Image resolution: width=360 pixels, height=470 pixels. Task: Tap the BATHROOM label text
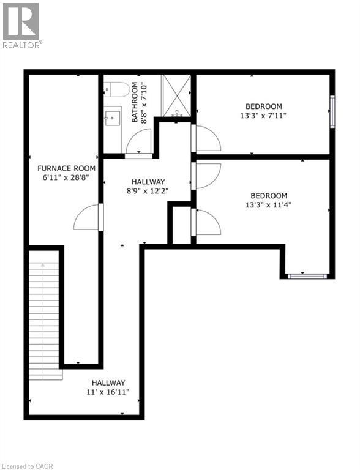coord(135,102)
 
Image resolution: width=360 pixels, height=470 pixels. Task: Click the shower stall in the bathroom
coord(176,95)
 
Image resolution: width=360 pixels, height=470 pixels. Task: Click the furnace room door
coord(88,217)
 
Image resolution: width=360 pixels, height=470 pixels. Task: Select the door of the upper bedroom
coord(207,138)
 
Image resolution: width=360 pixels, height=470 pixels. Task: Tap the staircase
coord(44,318)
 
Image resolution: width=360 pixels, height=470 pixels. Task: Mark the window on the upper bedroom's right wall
coord(332,111)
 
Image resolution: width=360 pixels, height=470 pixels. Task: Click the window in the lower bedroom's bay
coord(308,277)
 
